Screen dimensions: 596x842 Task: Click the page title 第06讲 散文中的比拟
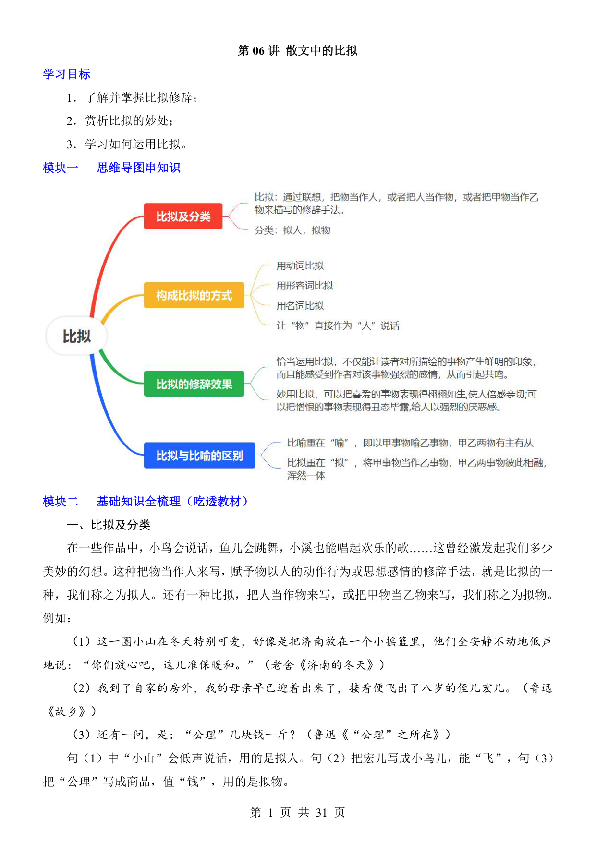297,51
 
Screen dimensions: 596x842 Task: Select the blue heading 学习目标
67,74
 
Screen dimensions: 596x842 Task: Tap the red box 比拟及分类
183,217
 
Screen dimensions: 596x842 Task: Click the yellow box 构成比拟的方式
194,295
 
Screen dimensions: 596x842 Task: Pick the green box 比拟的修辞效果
194,384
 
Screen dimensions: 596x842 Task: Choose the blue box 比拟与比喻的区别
199,456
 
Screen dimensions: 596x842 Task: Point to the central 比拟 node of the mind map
76,336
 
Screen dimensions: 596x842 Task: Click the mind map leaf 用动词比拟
300,265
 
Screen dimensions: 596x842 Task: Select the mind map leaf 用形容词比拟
305,286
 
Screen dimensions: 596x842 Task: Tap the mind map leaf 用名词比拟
300,306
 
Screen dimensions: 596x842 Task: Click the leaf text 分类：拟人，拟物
292,230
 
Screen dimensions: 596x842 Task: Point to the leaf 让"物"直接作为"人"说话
338,326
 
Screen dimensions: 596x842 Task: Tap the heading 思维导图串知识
139,168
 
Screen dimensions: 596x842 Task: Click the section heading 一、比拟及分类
109,525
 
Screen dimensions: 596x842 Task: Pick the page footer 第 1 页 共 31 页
298,813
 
